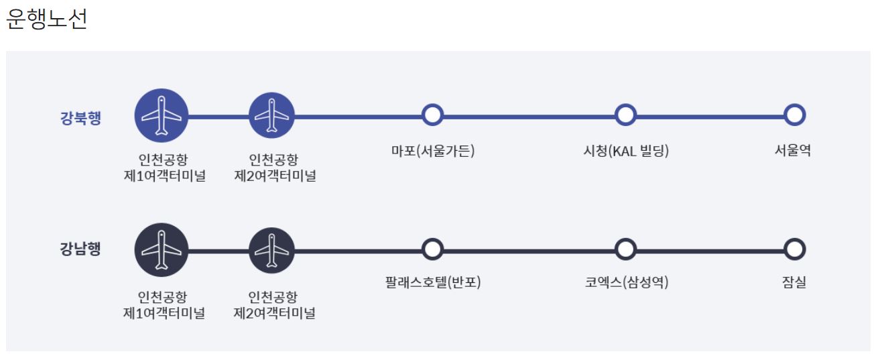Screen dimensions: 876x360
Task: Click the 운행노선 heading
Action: coord(47,19)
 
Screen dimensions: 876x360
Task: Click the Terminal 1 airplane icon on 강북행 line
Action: coord(162,115)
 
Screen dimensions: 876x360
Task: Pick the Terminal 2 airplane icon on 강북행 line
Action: coord(271,115)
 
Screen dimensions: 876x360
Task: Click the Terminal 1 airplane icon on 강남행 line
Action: coord(162,249)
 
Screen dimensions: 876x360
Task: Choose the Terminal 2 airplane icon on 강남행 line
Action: coord(271,250)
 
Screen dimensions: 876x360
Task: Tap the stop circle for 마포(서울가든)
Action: coord(433,115)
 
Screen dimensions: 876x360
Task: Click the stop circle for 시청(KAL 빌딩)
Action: coord(625,115)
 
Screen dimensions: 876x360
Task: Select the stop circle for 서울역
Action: coord(794,115)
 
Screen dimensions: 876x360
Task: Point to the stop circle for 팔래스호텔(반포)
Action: coord(433,249)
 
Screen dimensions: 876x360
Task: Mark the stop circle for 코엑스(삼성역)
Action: coord(625,249)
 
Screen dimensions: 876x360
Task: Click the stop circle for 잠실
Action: coord(794,249)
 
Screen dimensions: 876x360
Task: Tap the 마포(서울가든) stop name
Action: coord(433,151)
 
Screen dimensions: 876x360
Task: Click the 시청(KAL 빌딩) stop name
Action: coord(626,151)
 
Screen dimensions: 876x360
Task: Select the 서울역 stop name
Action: coord(794,151)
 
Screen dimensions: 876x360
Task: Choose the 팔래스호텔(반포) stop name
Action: coord(433,283)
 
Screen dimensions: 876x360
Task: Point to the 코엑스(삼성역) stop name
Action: coord(626,283)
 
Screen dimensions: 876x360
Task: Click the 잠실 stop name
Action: coord(794,283)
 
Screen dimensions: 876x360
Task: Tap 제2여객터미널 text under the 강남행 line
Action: coord(274,313)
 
